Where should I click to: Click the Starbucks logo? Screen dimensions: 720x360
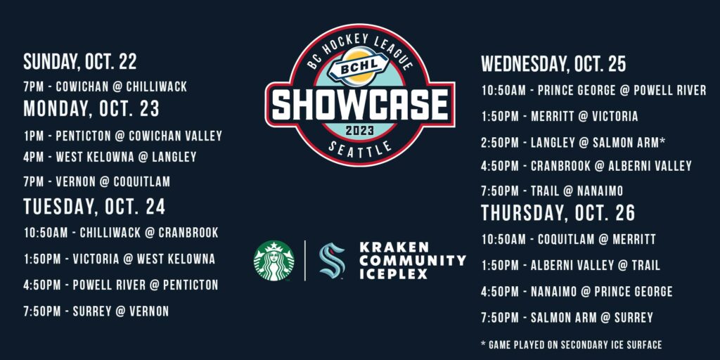[x=274, y=260]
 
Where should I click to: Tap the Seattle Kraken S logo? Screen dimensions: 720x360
[x=332, y=260]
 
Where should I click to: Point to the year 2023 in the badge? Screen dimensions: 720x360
[x=360, y=131]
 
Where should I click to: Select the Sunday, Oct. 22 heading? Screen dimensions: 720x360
[x=80, y=62]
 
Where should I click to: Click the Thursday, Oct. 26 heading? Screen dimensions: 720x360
[x=558, y=212]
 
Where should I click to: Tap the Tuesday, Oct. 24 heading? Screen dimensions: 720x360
[x=94, y=207]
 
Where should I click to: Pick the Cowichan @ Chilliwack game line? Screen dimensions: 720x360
[x=105, y=86]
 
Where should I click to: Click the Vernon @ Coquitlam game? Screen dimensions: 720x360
[x=97, y=181]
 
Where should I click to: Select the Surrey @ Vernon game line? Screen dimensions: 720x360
[x=96, y=311]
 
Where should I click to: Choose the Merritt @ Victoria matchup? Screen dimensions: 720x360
[x=559, y=117]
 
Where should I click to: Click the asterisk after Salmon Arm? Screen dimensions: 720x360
[x=662, y=141]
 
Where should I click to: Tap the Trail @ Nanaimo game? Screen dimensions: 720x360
[x=552, y=191]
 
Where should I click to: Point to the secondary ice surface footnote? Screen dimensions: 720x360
[x=572, y=345]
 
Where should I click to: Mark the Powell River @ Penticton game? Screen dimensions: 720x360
[x=121, y=285]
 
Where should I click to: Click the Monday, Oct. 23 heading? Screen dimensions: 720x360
[x=91, y=108]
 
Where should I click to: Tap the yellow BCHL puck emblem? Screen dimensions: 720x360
[x=359, y=70]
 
